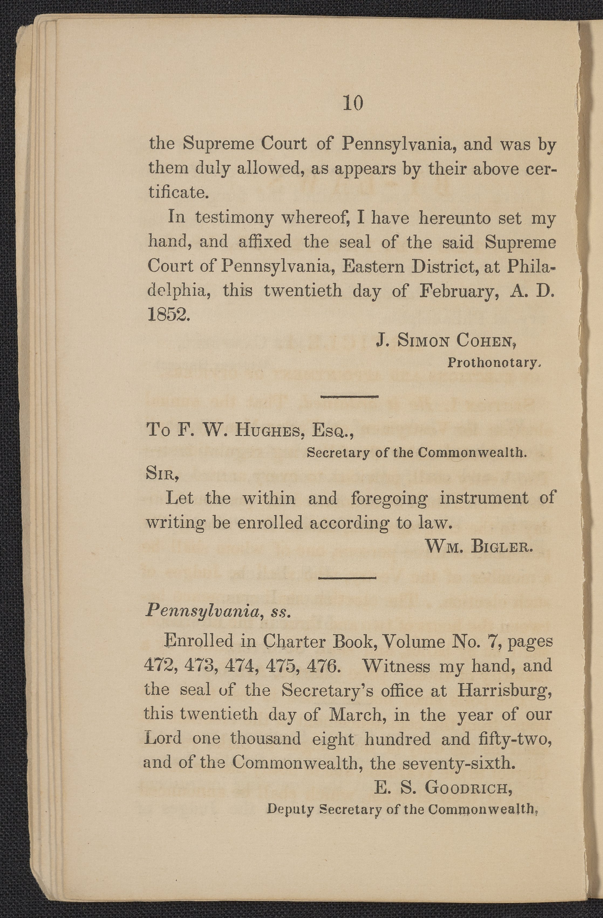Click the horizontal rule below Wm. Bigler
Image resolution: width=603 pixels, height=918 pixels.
point(347,577)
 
